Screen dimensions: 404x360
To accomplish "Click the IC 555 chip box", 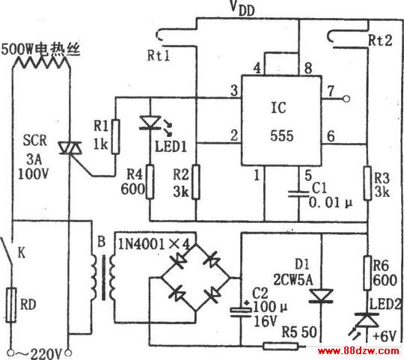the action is [281, 120].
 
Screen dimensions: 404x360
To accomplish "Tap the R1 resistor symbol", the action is [116, 136].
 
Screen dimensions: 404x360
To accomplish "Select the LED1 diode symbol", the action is [150, 123].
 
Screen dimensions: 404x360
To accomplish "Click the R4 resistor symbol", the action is [150, 182].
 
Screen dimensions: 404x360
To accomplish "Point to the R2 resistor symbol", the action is [196, 182].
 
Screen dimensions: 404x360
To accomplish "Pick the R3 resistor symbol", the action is [367, 183].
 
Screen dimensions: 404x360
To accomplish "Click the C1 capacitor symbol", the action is [299, 194].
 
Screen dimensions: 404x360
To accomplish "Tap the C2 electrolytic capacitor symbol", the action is [241, 312].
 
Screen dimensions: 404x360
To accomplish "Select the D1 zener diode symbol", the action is [321, 296].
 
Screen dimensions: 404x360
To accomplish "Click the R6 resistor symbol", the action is [367, 273].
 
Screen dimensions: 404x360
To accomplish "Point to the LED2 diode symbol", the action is [367, 320].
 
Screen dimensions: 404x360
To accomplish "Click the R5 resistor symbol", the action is [281, 346].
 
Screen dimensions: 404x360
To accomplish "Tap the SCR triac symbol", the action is [70, 148].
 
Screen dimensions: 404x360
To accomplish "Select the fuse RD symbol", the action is [11, 305].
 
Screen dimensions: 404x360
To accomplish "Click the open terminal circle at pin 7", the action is [346, 99].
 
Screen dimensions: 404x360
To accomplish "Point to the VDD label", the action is [242, 9].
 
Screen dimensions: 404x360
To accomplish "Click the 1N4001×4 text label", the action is [154, 243].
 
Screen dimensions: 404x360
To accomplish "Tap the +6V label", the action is [385, 337].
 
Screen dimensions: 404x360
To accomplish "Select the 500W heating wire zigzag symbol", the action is [41, 62].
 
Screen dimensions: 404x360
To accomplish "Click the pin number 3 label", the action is [234, 91].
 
